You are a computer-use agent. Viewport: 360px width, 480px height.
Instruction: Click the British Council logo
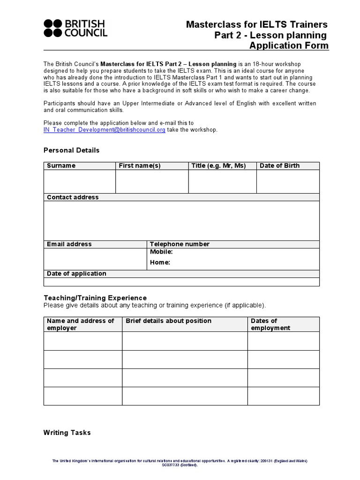tap(75, 28)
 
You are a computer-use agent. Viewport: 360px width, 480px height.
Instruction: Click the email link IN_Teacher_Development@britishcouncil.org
tap(104, 130)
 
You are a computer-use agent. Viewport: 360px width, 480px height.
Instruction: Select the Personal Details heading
tap(71, 150)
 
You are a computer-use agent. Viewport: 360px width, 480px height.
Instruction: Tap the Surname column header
tap(61, 166)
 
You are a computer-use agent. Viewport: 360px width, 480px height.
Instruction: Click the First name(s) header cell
tap(140, 166)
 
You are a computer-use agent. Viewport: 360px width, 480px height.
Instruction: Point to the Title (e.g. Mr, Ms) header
tap(218, 166)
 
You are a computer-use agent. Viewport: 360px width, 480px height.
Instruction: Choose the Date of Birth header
tap(279, 166)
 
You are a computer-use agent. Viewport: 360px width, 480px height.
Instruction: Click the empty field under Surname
tap(79, 181)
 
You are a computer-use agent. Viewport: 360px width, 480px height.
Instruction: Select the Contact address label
tap(73, 197)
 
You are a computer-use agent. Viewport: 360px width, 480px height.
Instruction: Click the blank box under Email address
tap(95, 259)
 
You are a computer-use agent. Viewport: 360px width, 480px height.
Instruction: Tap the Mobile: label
tap(161, 252)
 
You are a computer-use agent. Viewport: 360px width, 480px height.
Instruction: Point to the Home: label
tap(160, 262)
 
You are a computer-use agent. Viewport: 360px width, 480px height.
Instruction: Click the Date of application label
tap(76, 274)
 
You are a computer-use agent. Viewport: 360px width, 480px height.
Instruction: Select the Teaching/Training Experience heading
tap(95, 298)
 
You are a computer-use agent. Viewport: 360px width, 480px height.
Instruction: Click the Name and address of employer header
tap(81, 324)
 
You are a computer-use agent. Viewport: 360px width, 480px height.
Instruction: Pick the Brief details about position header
tap(168, 321)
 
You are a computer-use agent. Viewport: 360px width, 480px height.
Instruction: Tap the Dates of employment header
tap(270, 324)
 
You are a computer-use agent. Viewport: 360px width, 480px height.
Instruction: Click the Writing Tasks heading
tap(67, 433)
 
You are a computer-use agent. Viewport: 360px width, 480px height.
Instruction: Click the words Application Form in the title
tap(289, 46)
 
